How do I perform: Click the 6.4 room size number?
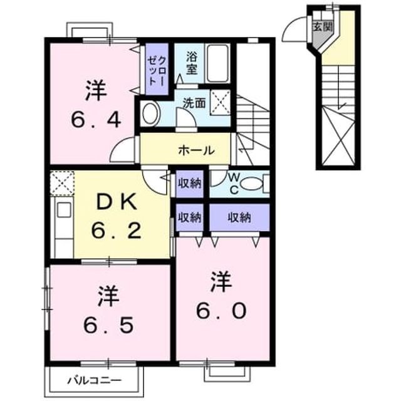[96, 120]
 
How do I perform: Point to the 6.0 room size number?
[221, 310]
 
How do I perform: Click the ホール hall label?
[196, 150]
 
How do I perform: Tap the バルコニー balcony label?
[95, 380]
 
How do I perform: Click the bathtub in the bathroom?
[217, 63]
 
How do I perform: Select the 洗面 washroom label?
[194, 103]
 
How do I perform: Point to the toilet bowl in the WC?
[252, 184]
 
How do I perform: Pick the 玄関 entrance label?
[323, 26]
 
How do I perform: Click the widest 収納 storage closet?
[239, 217]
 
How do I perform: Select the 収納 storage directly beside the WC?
[190, 184]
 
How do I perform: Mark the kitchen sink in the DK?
[64, 210]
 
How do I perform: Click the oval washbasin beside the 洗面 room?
[150, 113]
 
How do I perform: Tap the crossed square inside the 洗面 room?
[220, 102]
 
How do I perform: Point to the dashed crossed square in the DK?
[62, 183]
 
